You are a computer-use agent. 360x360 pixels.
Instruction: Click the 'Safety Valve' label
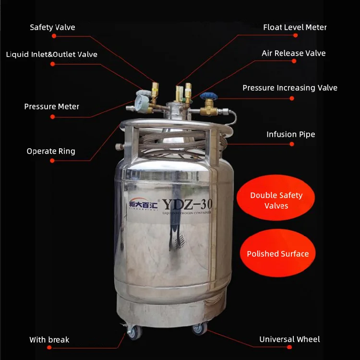pyautogui.click(x=52, y=27)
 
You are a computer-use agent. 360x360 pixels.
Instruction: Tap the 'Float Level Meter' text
pyautogui.click(x=295, y=27)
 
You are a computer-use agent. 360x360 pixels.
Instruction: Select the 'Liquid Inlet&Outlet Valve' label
pyautogui.click(x=51, y=54)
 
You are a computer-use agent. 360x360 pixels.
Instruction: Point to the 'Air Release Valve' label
pyautogui.click(x=293, y=53)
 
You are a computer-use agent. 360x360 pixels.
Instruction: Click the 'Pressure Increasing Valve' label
pyautogui.click(x=289, y=88)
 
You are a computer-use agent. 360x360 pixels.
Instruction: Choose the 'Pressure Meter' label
pyautogui.click(x=51, y=107)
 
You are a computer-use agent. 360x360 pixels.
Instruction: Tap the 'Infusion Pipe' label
pyautogui.click(x=290, y=134)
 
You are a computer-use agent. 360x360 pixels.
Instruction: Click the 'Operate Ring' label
pyautogui.click(x=51, y=151)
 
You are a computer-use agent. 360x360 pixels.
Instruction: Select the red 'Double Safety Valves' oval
pyautogui.click(x=276, y=200)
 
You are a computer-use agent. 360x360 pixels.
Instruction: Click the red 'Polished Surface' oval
pyautogui.click(x=277, y=254)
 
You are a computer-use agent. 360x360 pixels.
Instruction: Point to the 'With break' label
pyautogui.click(x=49, y=340)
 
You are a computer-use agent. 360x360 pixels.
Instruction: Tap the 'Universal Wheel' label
pyautogui.click(x=289, y=339)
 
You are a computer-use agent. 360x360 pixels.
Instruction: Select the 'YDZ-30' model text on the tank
pyautogui.click(x=187, y=204)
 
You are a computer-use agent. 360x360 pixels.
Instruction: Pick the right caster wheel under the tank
pyautogui.click(x=199, y=329)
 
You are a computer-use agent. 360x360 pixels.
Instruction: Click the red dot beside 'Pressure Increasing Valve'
pyautogui.click(x=292, y=98)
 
